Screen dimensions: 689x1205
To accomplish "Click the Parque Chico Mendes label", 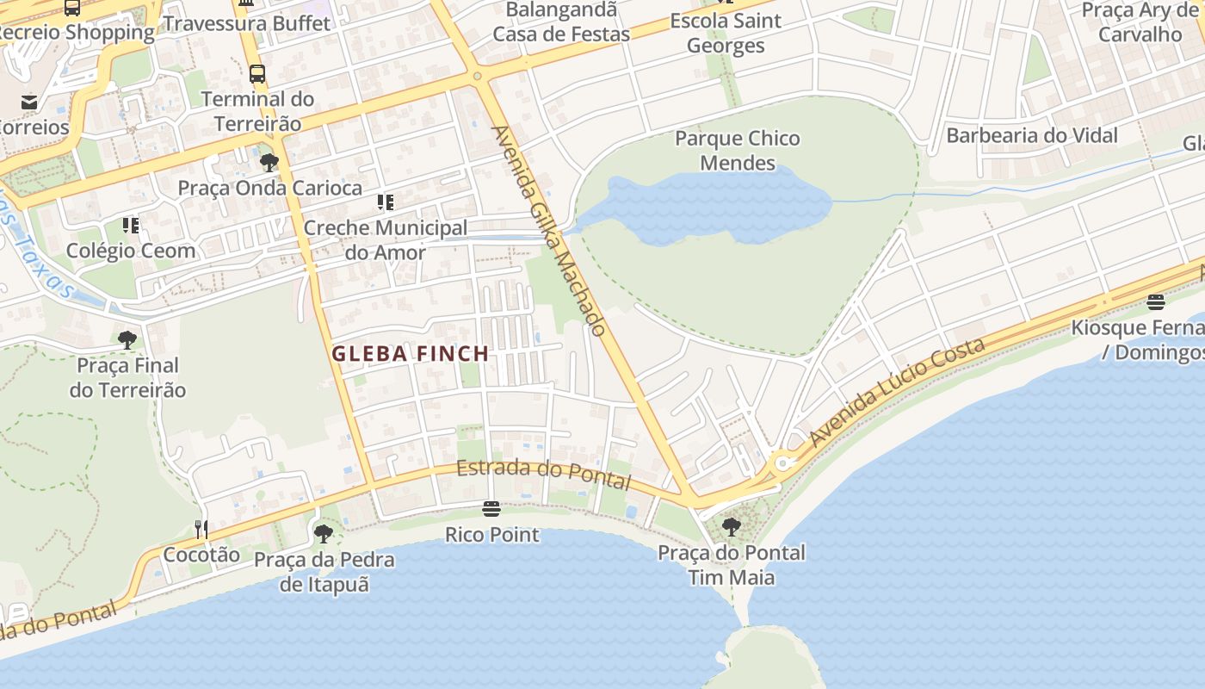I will (737, 151).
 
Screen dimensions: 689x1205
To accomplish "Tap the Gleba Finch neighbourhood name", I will (411, 353).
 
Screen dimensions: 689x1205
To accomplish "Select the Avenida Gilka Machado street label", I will (549, 231).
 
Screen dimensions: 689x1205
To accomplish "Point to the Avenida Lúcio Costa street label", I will (898, 393).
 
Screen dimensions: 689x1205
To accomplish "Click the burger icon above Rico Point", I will (491, 509).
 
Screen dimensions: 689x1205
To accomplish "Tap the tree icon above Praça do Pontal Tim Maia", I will (732, 526).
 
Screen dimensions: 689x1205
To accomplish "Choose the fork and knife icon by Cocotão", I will (201, 529).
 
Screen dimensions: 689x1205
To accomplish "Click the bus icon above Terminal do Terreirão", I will (257, 74).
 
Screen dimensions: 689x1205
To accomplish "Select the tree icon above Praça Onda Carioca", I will (269, 163).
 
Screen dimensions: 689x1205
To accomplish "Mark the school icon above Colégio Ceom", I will (131, 226).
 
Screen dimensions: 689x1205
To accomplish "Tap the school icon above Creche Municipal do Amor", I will (386, 203).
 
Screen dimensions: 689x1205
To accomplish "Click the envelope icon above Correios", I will (30, 102).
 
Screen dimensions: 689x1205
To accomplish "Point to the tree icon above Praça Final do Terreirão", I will (127, 340).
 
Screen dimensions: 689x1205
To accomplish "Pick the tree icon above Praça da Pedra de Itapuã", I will (324, 534).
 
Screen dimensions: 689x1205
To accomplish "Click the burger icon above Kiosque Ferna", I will (1156, 302).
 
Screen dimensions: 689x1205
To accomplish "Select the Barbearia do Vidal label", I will (1032, 135).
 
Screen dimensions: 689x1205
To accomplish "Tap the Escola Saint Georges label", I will (726, 33).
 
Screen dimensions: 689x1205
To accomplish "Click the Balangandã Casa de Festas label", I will (561, 22).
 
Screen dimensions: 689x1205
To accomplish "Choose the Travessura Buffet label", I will (247, 23).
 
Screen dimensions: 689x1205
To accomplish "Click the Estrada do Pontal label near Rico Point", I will (543, 473).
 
